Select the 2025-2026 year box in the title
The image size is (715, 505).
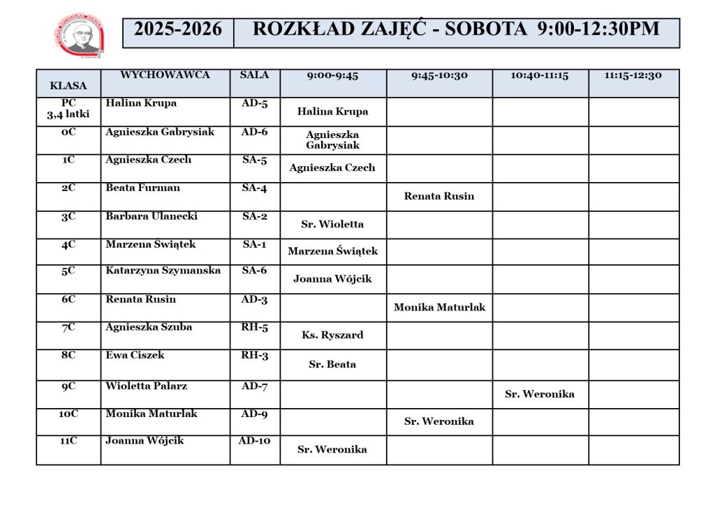point(178,29)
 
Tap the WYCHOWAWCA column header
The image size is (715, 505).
point(165,75)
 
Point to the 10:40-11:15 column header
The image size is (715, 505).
point(540,75)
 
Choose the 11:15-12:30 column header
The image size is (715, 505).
point(633,75)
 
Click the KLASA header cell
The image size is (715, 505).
point(68,86)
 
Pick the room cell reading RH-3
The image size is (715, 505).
point(255,355)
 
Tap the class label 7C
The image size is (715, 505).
point(68,327)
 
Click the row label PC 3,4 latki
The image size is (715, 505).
point(68,109)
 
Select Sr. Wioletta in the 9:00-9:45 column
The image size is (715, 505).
point(332,225)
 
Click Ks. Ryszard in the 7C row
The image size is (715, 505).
point(332,336)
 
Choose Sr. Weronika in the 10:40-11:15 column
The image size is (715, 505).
point(540,394)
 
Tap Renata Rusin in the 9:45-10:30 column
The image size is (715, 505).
point(439,196)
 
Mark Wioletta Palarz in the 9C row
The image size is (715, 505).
point(146,386)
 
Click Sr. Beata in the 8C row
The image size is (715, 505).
point(332,364)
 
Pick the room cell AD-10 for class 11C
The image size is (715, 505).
point(255,441)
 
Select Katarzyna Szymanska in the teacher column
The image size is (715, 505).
point(163,271)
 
